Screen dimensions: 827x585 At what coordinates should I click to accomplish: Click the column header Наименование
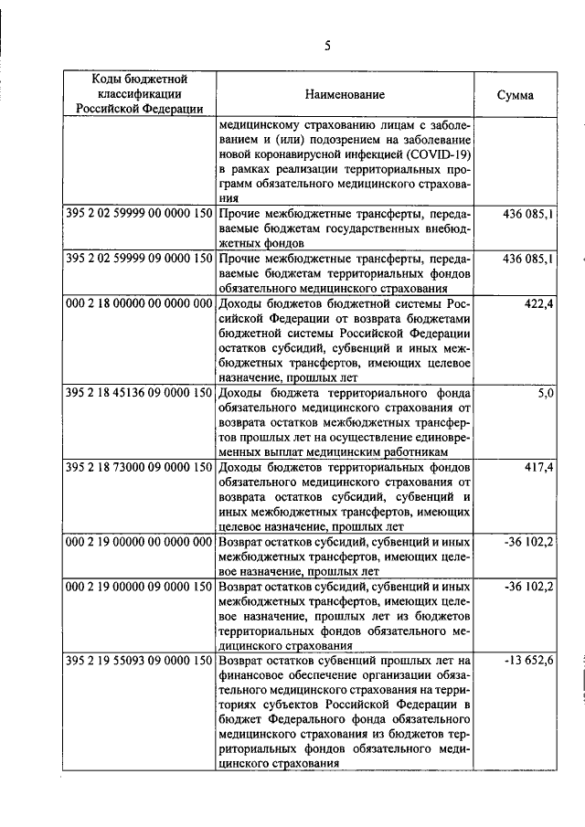coord(346,95)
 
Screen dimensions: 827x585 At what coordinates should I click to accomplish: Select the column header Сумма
coord(516,95)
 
